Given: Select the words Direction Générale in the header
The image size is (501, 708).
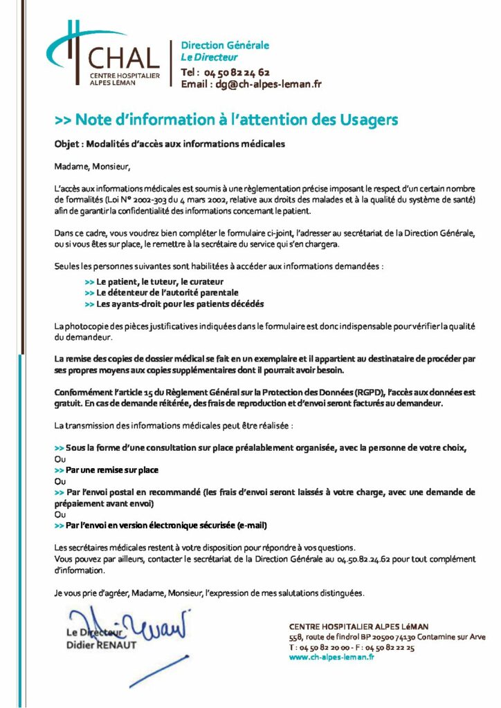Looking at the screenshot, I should pos(224,46).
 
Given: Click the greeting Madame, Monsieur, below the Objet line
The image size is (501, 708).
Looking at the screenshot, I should pos(91,166).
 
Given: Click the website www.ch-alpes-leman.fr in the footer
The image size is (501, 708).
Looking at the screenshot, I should pos(332,657).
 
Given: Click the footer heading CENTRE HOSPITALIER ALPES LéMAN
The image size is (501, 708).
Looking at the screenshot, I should pos(359,626).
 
